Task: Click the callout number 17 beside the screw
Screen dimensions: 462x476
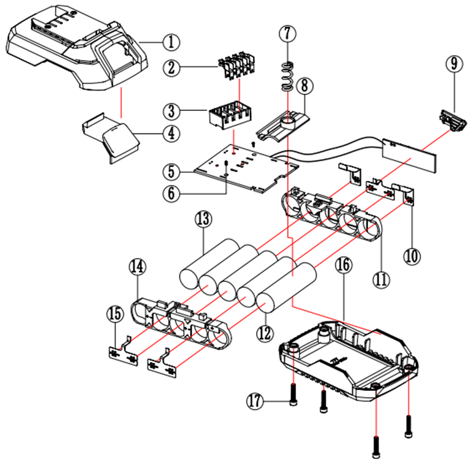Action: [255, 402]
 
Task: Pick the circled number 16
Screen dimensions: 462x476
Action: [344, 266]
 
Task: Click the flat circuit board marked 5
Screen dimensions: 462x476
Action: [245, 172]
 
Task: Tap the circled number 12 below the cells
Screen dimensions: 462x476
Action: [264, 334]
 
